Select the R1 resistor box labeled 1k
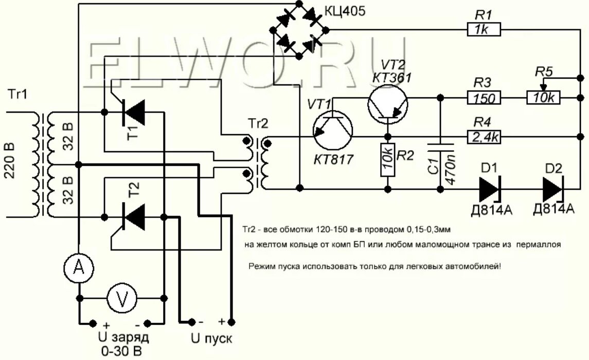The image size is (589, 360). click(x=484, y=29)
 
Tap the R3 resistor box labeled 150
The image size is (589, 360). click(x=484, y=98)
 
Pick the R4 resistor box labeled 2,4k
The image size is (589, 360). click(x=484, y=137)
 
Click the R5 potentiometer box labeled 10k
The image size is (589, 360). click(x=543, y=98)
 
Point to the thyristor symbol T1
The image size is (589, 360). click(x=134, y=112)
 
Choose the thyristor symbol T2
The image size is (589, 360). click(x=134, y=217)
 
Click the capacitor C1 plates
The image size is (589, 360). click(x=440, y=146)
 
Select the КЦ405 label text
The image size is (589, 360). click(x=344, y=11)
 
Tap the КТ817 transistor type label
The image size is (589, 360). click(x=333, y=159)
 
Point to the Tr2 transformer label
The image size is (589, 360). click(x=258, y=123)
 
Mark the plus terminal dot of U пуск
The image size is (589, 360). click(x=232, y=322)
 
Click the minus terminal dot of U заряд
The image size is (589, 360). click(x=148, y=323)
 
